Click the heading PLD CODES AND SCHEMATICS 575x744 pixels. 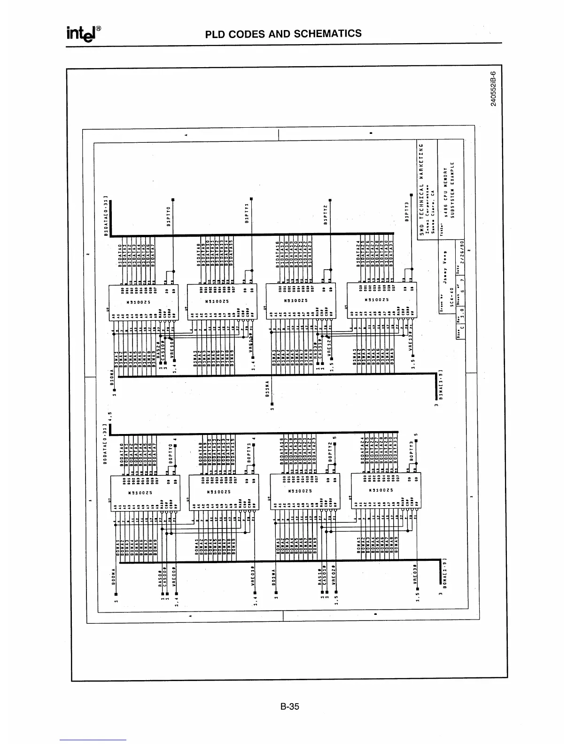tap(284, 34)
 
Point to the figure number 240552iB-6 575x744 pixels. tap(493, 89)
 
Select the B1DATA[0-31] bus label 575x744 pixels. tap(106, 216)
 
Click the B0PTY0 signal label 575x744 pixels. tap(171, 451)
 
